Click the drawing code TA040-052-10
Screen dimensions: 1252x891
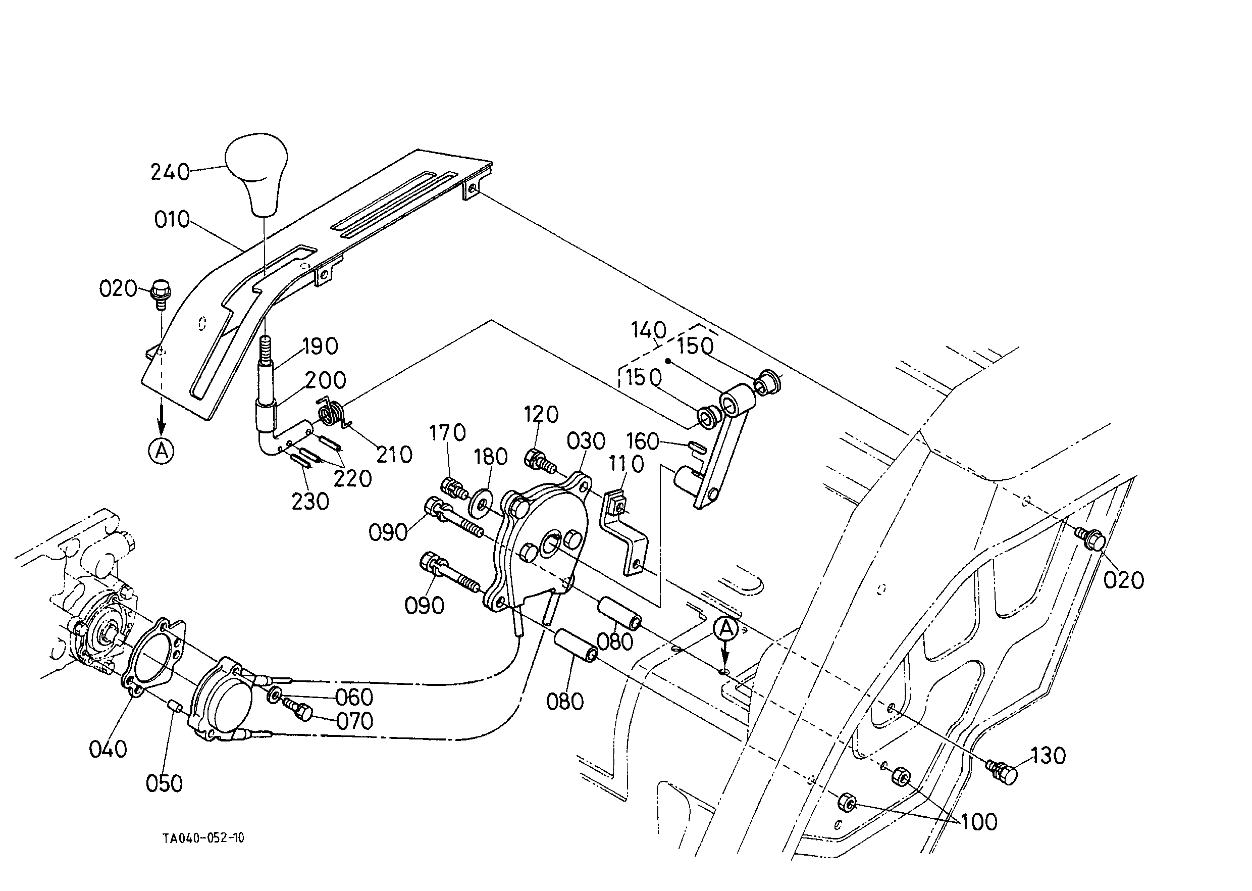coord(203,838)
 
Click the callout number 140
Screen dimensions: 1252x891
coord(648,330)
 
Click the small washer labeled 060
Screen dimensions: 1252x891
coord(274,696)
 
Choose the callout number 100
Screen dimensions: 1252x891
coord(979,822)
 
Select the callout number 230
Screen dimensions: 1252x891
coord(310,502)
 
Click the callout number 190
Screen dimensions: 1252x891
coord(320,346)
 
